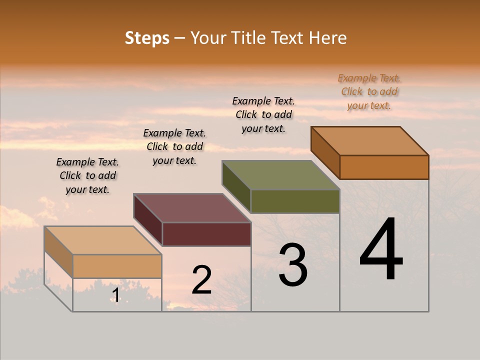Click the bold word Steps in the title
[147, 38]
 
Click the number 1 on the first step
[115, 295]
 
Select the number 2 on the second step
[201, 280]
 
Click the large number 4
[381, 249]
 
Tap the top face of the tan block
[103, 240]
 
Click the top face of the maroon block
[192, 208]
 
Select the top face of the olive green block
[281, 175]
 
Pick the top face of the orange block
[370, 141]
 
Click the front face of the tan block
[117, 266]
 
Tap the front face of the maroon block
[206, 234]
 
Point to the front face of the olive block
[295, 201]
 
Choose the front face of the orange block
[384, 167]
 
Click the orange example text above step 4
[369, 92]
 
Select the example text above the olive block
[263, 114]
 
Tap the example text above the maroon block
[174, 146]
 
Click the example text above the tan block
[87, 175]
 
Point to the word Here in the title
[327, 38]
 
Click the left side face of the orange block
[325, 152]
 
